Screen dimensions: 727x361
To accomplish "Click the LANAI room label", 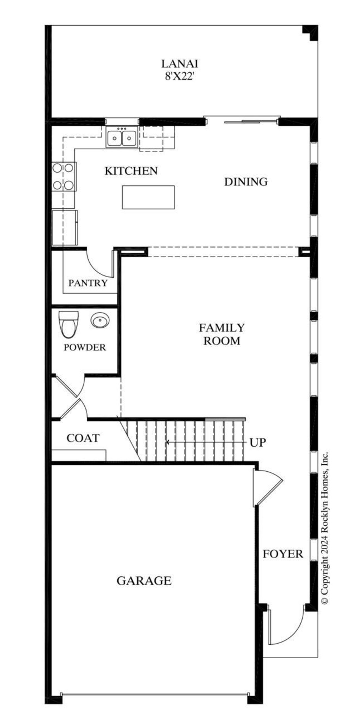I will pyautogui.click(x=179, y=64).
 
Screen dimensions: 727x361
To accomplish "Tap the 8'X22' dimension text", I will pyautogui.click(x=179, y=77).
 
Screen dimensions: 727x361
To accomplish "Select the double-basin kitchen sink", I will pyautogui.click(x=122, y=137).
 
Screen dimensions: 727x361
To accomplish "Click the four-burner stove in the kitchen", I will pyautogui.click(x=63, y=176).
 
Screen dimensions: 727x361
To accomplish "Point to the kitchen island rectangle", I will pyautogui.click(x=148, y=197).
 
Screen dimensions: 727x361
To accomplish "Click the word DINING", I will pyautogui.click(x=246, y=182).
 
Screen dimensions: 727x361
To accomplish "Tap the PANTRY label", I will pyautogui.click(x=88, y=283).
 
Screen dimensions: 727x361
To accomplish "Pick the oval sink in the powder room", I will pyautogui.click(x=100, y=321).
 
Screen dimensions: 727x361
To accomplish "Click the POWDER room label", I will pyautogui.click(x=85, y=347).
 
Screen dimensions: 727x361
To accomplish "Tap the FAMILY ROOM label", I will pyautogui.click(x=222, y=334).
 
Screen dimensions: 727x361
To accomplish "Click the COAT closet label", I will pyautogui.click(x=83, y=438).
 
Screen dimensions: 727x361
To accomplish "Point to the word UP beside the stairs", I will pyautogui.click(x=257, y=443).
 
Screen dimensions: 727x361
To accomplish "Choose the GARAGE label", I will pyautogui.click(x=144, y=581).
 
